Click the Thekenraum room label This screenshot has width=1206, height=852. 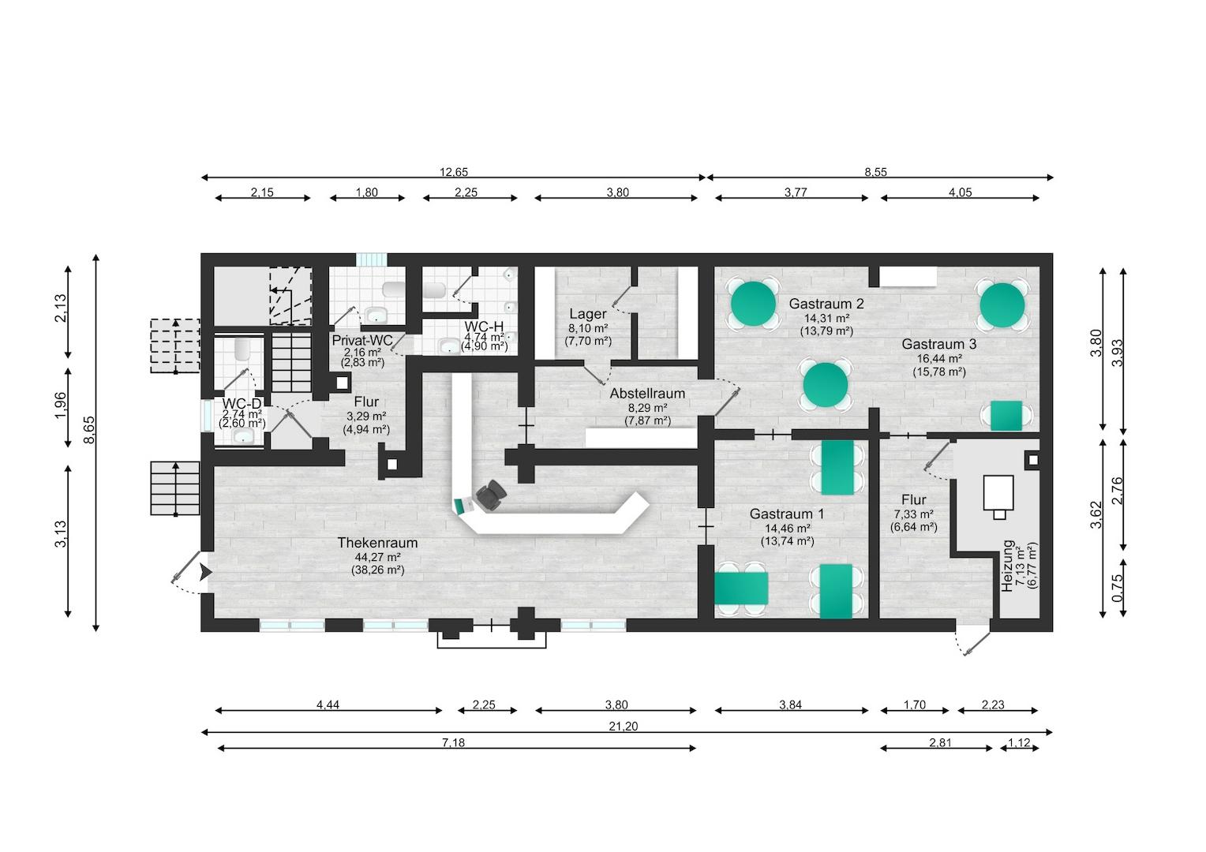pos(377,543)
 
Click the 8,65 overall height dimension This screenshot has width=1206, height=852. pos(88,441)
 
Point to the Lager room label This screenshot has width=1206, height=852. pos(588,314)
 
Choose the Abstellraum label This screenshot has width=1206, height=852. pos(647,393)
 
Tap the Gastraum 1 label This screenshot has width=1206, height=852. pos(787,514)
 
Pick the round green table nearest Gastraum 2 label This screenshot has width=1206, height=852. pos(753,302)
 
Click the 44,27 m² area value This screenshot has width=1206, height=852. pos(377,557)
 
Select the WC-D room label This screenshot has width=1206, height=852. pos(242,403)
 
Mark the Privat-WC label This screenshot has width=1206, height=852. pos(362,339)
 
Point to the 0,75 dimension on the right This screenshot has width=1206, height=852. pos(1117,589)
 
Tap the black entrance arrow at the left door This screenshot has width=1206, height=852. pos(205,573)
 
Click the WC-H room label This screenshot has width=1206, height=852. pos(484,326)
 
